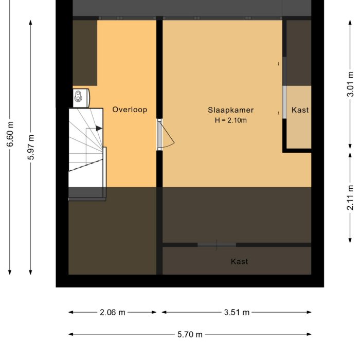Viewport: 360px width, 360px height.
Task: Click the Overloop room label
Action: [x=130, y=110]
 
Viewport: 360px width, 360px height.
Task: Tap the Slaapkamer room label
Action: [x=230, y=110]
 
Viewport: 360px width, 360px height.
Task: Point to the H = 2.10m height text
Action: [x=230, y=121]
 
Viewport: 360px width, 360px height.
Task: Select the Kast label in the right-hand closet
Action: [x=300, y=110]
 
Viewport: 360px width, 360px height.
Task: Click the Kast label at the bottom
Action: [x=239, y=262]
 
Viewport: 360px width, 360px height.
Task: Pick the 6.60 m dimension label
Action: [x=10, y=134]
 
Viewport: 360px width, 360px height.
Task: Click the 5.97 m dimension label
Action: [x=31, y=147]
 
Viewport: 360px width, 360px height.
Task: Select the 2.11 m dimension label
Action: [x=350, y=197]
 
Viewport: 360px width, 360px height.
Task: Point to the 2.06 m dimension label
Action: [x=112, y=312]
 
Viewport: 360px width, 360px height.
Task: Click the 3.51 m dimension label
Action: [x=237, y=312]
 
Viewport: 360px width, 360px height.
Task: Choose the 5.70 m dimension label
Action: [x=190, y=334]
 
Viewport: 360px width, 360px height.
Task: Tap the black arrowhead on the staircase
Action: [x=99, y=128]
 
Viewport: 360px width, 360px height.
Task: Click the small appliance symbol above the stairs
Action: [x=80, y=96]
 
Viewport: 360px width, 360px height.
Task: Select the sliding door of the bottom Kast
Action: [x=217, y=245]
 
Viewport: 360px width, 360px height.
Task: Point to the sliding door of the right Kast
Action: [x=284, y=102]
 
